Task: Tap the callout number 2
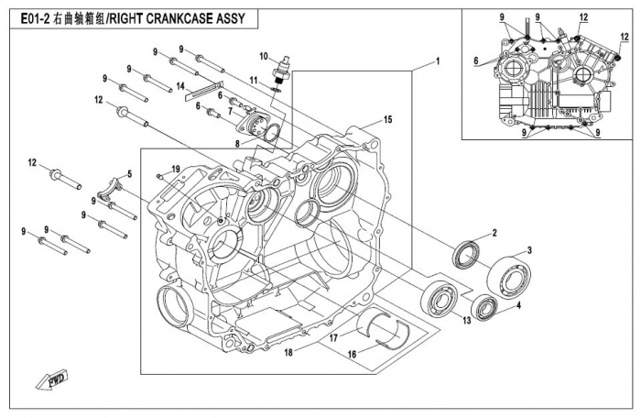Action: pos(494,233)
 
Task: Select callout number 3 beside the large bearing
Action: pos(528,250)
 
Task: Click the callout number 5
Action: pos(129,173)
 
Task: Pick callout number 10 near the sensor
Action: pos(262,57)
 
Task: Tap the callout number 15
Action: pos(387,120)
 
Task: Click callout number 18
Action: pos(287,352)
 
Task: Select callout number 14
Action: pos(181,86)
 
